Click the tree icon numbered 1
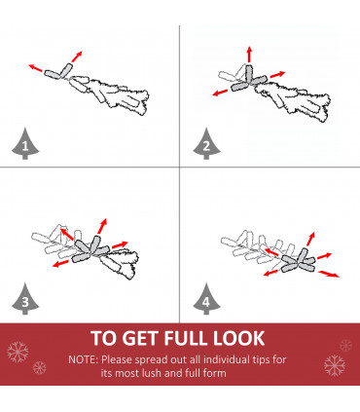pos(25,144)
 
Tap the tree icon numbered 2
pos(206,144)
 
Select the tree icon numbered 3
pos(25,300)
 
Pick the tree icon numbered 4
pos(206,300)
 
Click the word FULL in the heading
pos(186,338)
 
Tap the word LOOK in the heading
pos(239,338)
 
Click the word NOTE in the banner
pos(82,359)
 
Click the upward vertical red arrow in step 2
pos(249,55)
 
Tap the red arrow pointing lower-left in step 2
pos(220,93)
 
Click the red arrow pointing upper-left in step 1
pos(35,68)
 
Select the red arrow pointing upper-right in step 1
pos(77,56)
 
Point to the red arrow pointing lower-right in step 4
pos(329,274)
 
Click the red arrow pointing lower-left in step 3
pos(60,264)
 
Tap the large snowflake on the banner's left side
pos(18,352)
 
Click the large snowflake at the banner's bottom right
pos(335,365)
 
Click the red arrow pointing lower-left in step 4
pos(270,273)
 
